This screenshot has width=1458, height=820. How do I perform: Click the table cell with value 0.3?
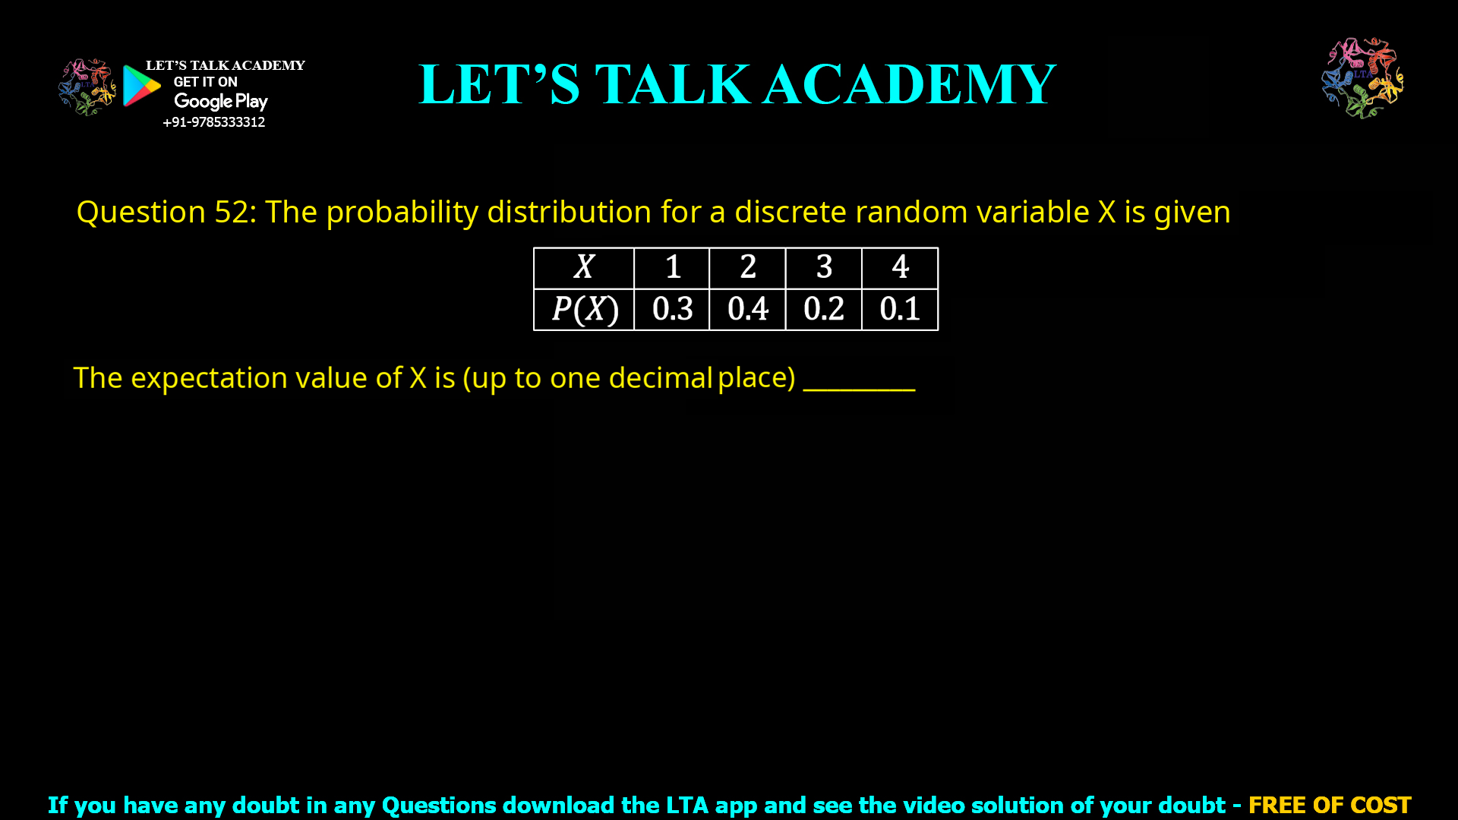(672, 309)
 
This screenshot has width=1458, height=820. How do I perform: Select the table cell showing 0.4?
(748, 309)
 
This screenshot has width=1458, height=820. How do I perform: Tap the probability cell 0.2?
(824, 309)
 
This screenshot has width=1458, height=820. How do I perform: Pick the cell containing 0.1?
(900, 309)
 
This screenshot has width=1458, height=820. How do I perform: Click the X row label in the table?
(584, 267)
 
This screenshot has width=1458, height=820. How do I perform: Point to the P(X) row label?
(584, 309)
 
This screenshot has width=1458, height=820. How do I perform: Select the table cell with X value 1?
(672, 267)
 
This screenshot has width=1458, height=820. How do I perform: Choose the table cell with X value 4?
(900, 267)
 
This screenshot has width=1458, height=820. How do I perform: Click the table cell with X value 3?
(824, 267)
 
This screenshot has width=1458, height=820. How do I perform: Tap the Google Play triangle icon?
(140, 86)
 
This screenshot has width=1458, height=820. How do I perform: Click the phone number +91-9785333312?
(213, 122)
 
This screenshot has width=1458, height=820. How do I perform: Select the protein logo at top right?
(1362, 77)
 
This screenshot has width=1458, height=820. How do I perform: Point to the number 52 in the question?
(231, 212)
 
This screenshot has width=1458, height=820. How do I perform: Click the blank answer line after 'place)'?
(859, 383)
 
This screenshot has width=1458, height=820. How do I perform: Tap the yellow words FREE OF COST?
(1329, 805)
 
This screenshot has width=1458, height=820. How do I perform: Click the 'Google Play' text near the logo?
(220, 102)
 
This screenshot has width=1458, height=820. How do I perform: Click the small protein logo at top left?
(87, 87)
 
